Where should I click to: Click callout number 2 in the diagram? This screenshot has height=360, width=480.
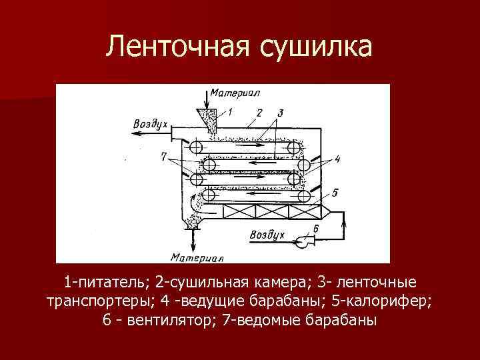pyautogui.click(x=259, y=112)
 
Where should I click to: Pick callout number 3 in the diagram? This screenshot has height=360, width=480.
pyautogui.click(x=281, y=112)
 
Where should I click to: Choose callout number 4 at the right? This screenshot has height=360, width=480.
pyautogui.click(x=337, y=159)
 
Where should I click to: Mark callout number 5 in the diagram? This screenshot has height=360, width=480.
pyautogui.click(x=335, y=193)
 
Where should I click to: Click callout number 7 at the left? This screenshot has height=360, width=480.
pyautogui.click(x=164, y=157)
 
